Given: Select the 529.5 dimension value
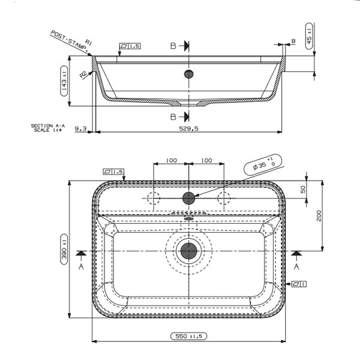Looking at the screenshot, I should tap(189, 128).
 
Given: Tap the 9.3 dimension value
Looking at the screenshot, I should tap(80, 128).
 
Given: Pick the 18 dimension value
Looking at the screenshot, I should tap(293, 41).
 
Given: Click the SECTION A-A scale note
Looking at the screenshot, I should tap(46, 128).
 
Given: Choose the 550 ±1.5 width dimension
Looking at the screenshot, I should tap(188, 336).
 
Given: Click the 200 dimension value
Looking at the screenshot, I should tap(319, 214).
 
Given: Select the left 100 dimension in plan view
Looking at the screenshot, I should tap(171, 160).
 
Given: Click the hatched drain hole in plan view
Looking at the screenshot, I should tap(189, 250).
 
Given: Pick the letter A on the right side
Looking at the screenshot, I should tap(296, 266).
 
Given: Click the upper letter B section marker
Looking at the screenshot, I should tap(173, 46).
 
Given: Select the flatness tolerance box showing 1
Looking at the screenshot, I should tap(298, 283).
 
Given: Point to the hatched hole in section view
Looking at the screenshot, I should tap(189, 74).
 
